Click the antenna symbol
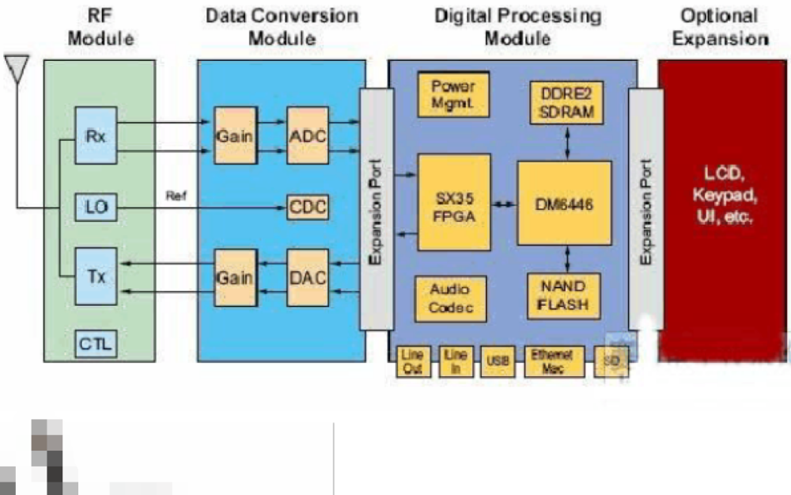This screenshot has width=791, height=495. pyautogui.click(x=17, y=68)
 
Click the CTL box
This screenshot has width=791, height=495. pyautogui.click(x=96, y=343)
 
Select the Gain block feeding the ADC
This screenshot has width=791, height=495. pyautogui.click(x=235, y=135)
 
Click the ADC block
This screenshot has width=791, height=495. pyautogui.click(x=306, y=135)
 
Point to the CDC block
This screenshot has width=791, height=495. pyautogui.click(x=307, y=209)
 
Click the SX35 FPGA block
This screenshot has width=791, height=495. pyautogui.click(x=453, y=202)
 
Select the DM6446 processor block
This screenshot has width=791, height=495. pyautogui.click(x=564, y=203)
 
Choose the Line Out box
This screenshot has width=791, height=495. pyautogui.click(x=412, y=361)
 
